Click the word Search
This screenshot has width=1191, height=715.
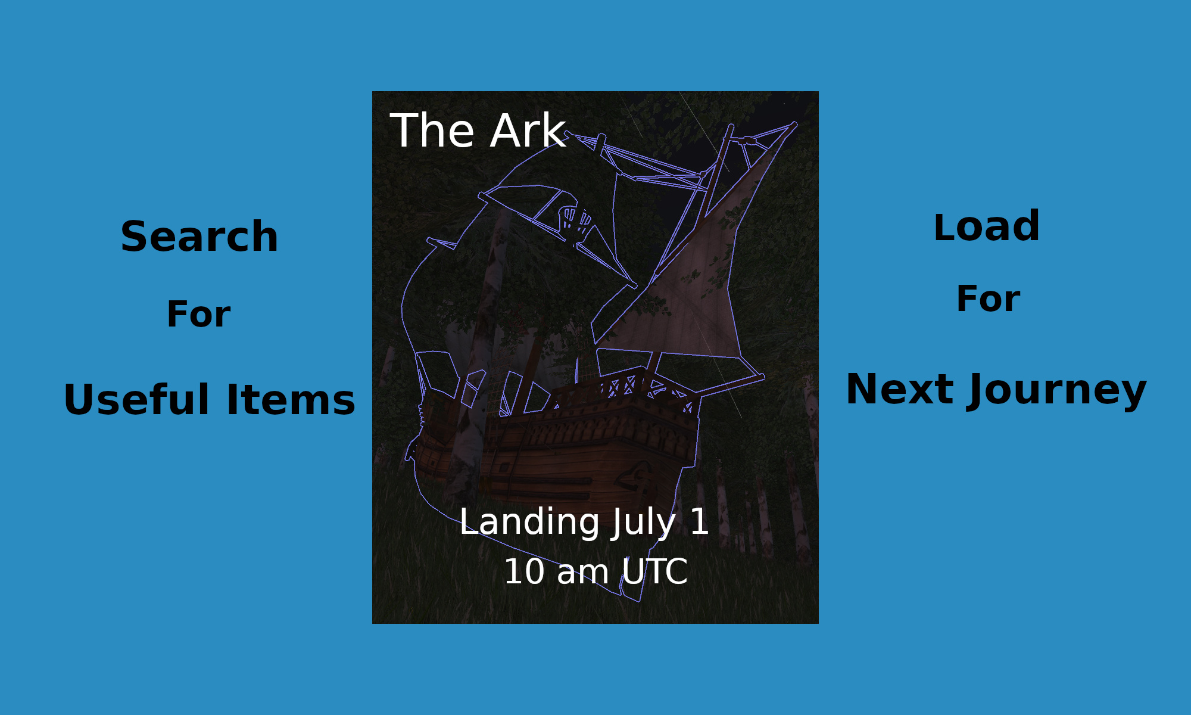pos(199,237)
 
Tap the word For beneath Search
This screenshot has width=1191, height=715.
pos(198,314)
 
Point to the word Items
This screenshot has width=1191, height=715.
pos(291,399)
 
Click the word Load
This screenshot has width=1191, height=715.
pos(987,226)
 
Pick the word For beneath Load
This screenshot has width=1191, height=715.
pos(988,299)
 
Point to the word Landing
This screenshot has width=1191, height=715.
pos(530,523)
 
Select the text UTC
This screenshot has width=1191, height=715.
pos(654,572)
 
